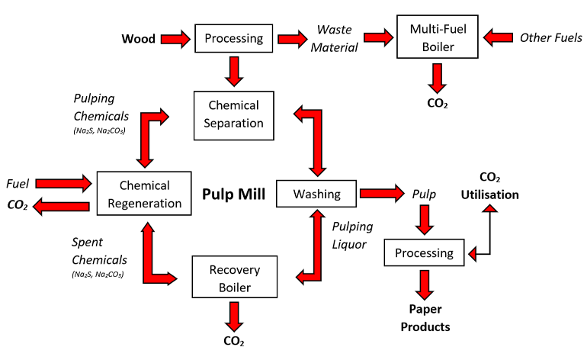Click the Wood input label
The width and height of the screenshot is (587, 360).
[139, 38]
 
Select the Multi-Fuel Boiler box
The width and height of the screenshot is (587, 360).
[436, 37]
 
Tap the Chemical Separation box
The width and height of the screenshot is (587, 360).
[233, 114]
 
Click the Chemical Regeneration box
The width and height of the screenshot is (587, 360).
[144, 194]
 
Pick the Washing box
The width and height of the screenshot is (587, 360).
[317, 194]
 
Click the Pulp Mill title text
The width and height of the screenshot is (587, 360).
[233, 194]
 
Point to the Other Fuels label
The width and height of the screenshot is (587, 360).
[550, 37]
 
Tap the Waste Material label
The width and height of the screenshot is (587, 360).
[337, 38]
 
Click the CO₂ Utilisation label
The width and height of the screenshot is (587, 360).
[489, 186]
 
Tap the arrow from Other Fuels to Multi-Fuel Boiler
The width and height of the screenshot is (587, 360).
[498, 37]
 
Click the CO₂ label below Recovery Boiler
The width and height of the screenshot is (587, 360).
[234, 340]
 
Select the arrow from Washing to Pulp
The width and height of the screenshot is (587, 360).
[383, 194]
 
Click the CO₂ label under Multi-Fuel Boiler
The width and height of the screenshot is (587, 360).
[437, 102]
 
